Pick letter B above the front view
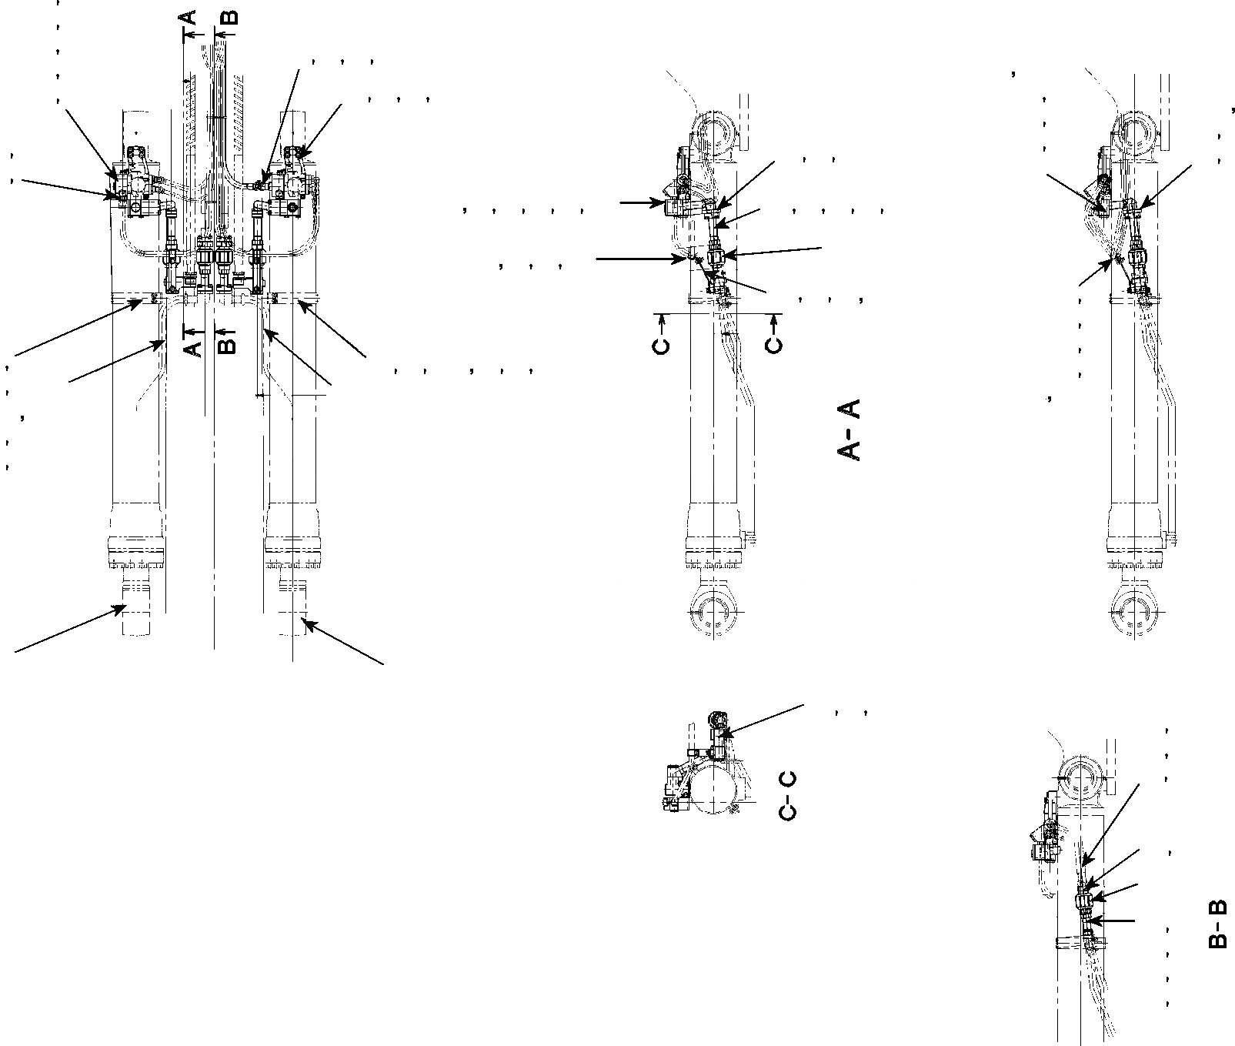tap(229, 17)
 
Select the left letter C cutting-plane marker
tap(661, 342)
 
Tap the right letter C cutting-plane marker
tap(774, 342)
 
